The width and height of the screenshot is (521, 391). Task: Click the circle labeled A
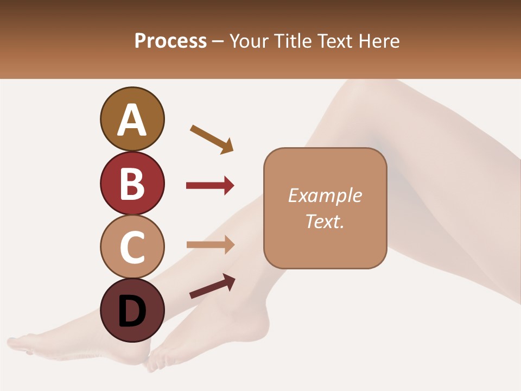132,119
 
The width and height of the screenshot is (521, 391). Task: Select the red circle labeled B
132,183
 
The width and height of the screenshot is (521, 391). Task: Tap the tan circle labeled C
132,247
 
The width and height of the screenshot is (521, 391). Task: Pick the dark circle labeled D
132,310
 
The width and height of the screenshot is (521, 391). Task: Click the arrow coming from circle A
212,139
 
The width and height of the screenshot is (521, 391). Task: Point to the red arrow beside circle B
210,186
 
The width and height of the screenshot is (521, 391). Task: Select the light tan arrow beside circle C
210,244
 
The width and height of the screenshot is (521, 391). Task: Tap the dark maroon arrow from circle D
212,286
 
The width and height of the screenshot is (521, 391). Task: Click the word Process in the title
170,41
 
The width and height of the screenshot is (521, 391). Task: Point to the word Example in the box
325,195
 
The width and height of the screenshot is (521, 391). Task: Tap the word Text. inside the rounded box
325,221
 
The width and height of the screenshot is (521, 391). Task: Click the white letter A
132,120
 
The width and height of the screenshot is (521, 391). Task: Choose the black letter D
132,311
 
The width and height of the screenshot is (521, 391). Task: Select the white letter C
132,247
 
